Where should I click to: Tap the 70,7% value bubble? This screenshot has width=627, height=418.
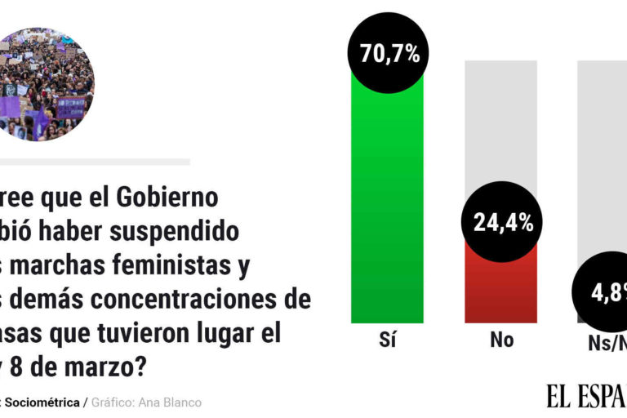click(x=389, y=54)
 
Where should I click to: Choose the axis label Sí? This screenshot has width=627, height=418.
click(x=388, y=340)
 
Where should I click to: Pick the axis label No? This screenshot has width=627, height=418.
click(x=501, y=340)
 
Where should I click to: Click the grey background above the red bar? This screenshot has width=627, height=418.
click(x=500, y=122)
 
